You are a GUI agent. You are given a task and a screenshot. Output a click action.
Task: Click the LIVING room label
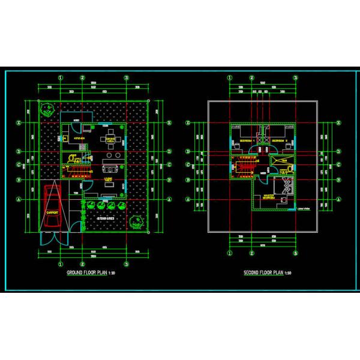pyautogui.click(x=109, y=179)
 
